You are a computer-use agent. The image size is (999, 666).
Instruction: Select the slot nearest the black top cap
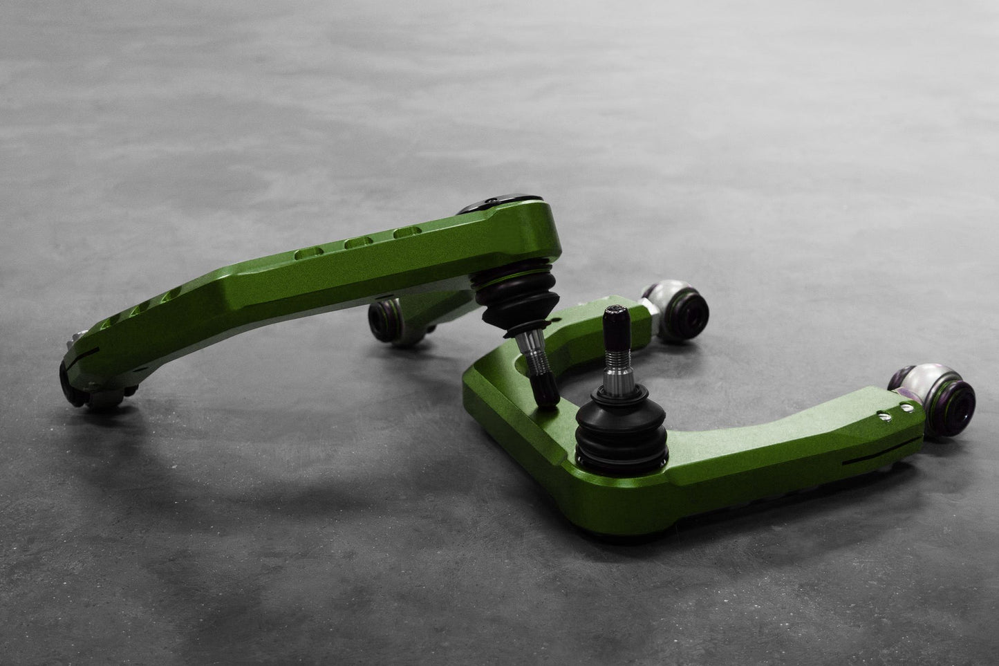[x=406, y=235]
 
